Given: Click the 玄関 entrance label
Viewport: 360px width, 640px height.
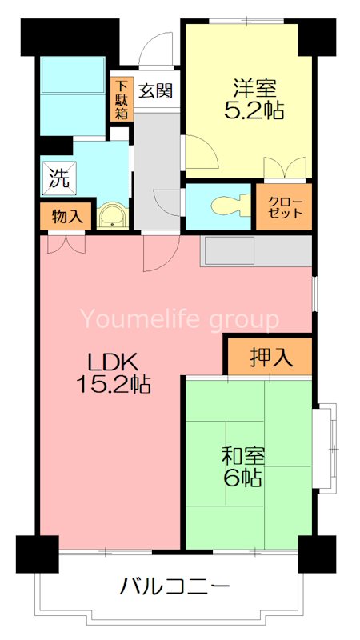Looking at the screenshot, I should click(x=156, y=90).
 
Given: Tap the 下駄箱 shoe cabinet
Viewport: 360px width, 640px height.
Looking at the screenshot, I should click(x=122, y=98).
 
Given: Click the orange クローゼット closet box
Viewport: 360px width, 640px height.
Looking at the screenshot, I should click(x=283, y=207).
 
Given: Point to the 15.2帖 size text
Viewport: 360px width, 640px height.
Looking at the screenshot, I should click(x=113, y=385).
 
